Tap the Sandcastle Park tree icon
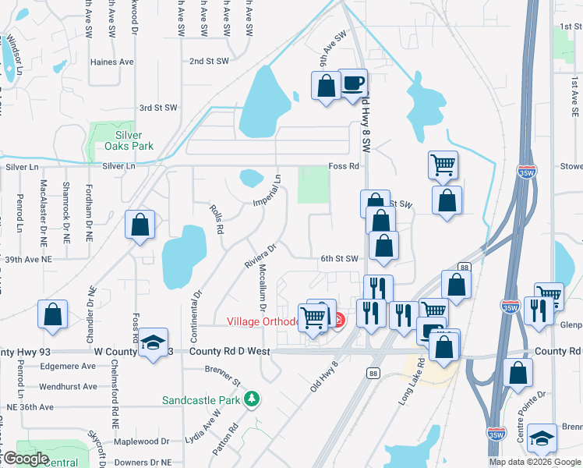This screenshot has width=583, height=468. coord(251,400)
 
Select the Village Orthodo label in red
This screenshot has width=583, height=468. coord(263,321)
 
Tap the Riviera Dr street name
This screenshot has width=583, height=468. coord(261,257)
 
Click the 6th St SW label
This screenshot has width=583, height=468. coord(340,258)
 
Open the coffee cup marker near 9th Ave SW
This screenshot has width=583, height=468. coord(353,83)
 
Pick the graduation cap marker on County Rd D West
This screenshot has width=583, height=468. coord(153,341)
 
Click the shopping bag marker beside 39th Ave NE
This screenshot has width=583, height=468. coord(140,225)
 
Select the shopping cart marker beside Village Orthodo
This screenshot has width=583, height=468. coord(313,317)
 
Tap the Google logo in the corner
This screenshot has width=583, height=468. coord(25,459)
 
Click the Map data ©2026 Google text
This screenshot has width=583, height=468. coord(535,462)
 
